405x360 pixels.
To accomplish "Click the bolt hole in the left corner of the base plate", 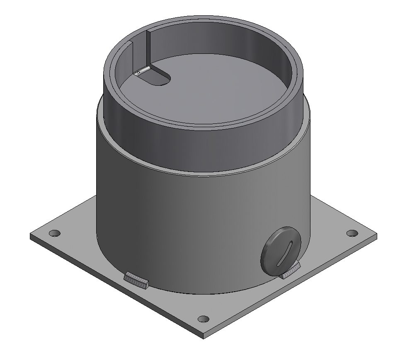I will point(54,233).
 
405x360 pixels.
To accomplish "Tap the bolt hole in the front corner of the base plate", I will point(203,319).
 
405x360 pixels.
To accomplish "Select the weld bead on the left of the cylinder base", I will point(136,280).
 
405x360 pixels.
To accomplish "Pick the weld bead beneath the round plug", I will point(290,272).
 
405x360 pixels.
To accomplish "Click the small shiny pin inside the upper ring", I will point(142,71).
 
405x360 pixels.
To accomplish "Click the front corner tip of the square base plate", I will point(203,336).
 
